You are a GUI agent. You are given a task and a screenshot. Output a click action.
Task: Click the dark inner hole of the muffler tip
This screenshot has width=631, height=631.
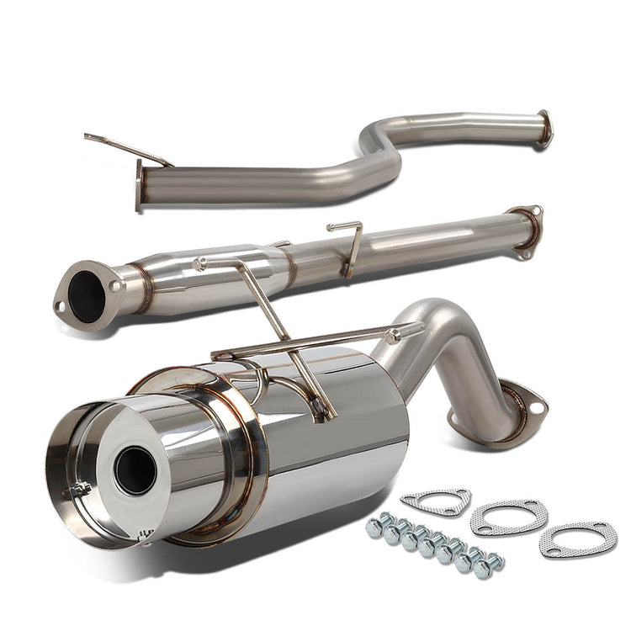pyautogui.click(x=135, y=469)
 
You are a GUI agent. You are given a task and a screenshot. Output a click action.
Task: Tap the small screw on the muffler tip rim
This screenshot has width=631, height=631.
pyautogui.click(x=80, y=488)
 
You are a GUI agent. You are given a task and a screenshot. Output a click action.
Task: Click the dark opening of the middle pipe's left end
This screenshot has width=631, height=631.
pyautogui.click(x=87, y=295)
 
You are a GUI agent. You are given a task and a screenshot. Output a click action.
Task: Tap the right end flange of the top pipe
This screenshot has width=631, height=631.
pyautogui.click(x=545, y=129)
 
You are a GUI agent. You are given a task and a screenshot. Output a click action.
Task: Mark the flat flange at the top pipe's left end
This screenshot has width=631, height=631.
pyautogui.click(x=140, y=186)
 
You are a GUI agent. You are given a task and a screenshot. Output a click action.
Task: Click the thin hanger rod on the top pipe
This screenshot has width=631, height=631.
pyautogui.click(x=126, y=148)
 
